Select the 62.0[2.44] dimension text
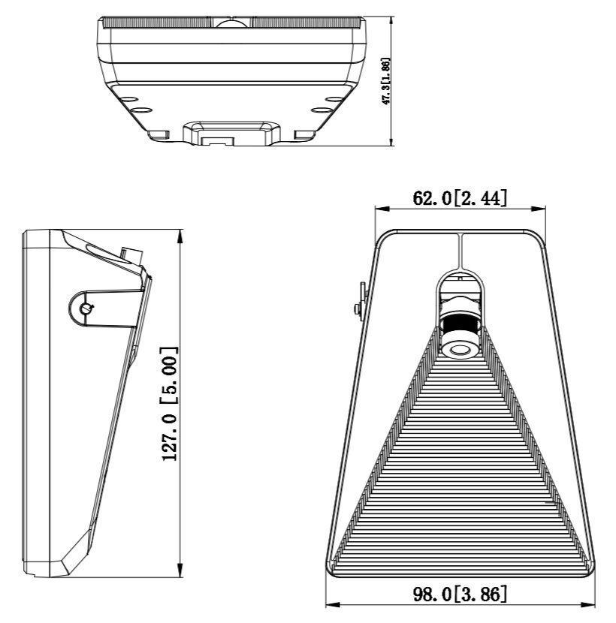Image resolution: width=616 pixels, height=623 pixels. tap(460, 198)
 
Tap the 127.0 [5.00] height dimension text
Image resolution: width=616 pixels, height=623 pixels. tap(170, 404)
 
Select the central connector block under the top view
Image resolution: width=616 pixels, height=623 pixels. tap(228, 134)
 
